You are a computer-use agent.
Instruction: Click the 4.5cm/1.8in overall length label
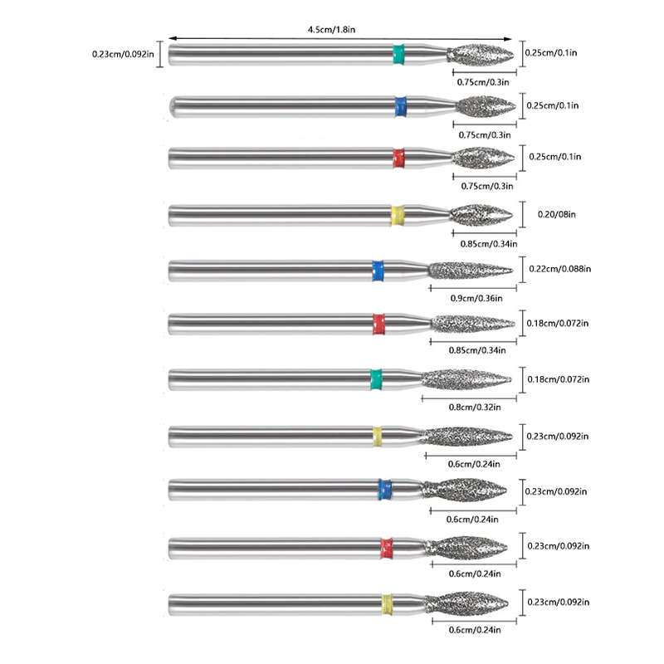333,31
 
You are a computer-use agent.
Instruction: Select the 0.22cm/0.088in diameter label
559,268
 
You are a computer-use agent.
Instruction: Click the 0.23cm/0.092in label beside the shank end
123,55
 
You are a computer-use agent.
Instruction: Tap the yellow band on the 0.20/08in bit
398,215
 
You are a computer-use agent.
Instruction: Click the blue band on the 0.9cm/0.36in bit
378,270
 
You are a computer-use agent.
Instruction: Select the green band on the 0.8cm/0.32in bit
376,379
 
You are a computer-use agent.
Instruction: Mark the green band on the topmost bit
398,54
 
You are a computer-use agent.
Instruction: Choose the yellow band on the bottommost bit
387,602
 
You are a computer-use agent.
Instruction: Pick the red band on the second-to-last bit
386,547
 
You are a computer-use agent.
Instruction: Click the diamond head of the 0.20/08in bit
483,215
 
